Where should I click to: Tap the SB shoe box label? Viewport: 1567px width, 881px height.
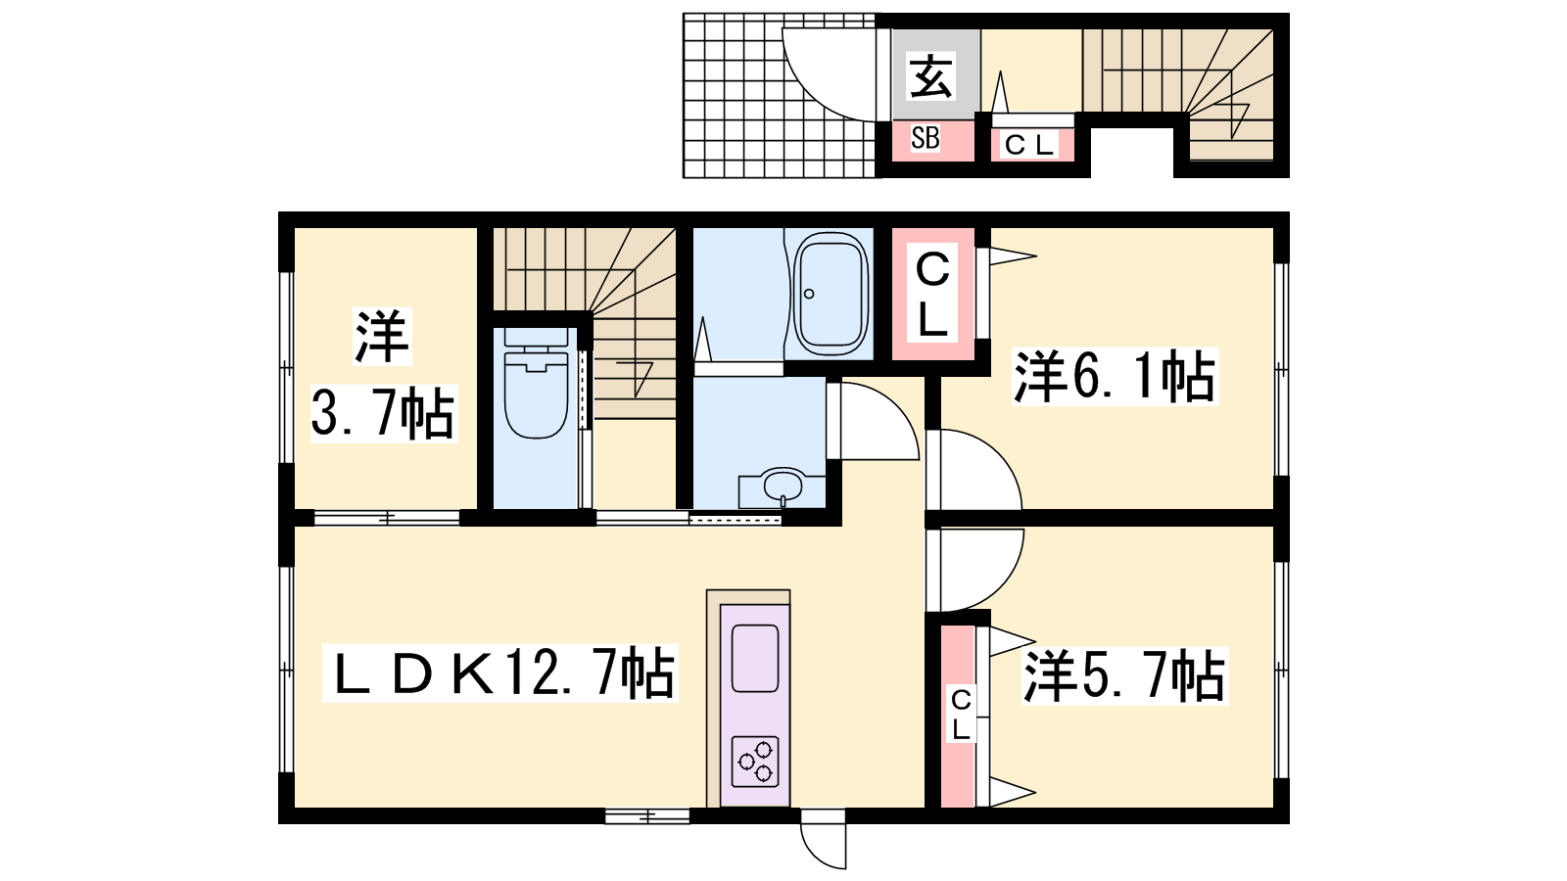click(x=925, y=138)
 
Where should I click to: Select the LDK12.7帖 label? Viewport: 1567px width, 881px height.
click(x=500, y=672)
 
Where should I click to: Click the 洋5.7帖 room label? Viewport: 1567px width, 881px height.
click(x=1124, y=676)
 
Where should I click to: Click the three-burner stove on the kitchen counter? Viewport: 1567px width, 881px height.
click(x=755, y=761)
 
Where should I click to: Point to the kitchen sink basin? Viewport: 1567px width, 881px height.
click(x=755, y=658)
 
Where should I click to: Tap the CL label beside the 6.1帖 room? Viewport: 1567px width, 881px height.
click(x=932, y=295)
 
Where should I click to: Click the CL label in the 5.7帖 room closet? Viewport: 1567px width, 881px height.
click(x=961, y=714)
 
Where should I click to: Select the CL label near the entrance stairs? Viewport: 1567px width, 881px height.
click(x=1028, y=146)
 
